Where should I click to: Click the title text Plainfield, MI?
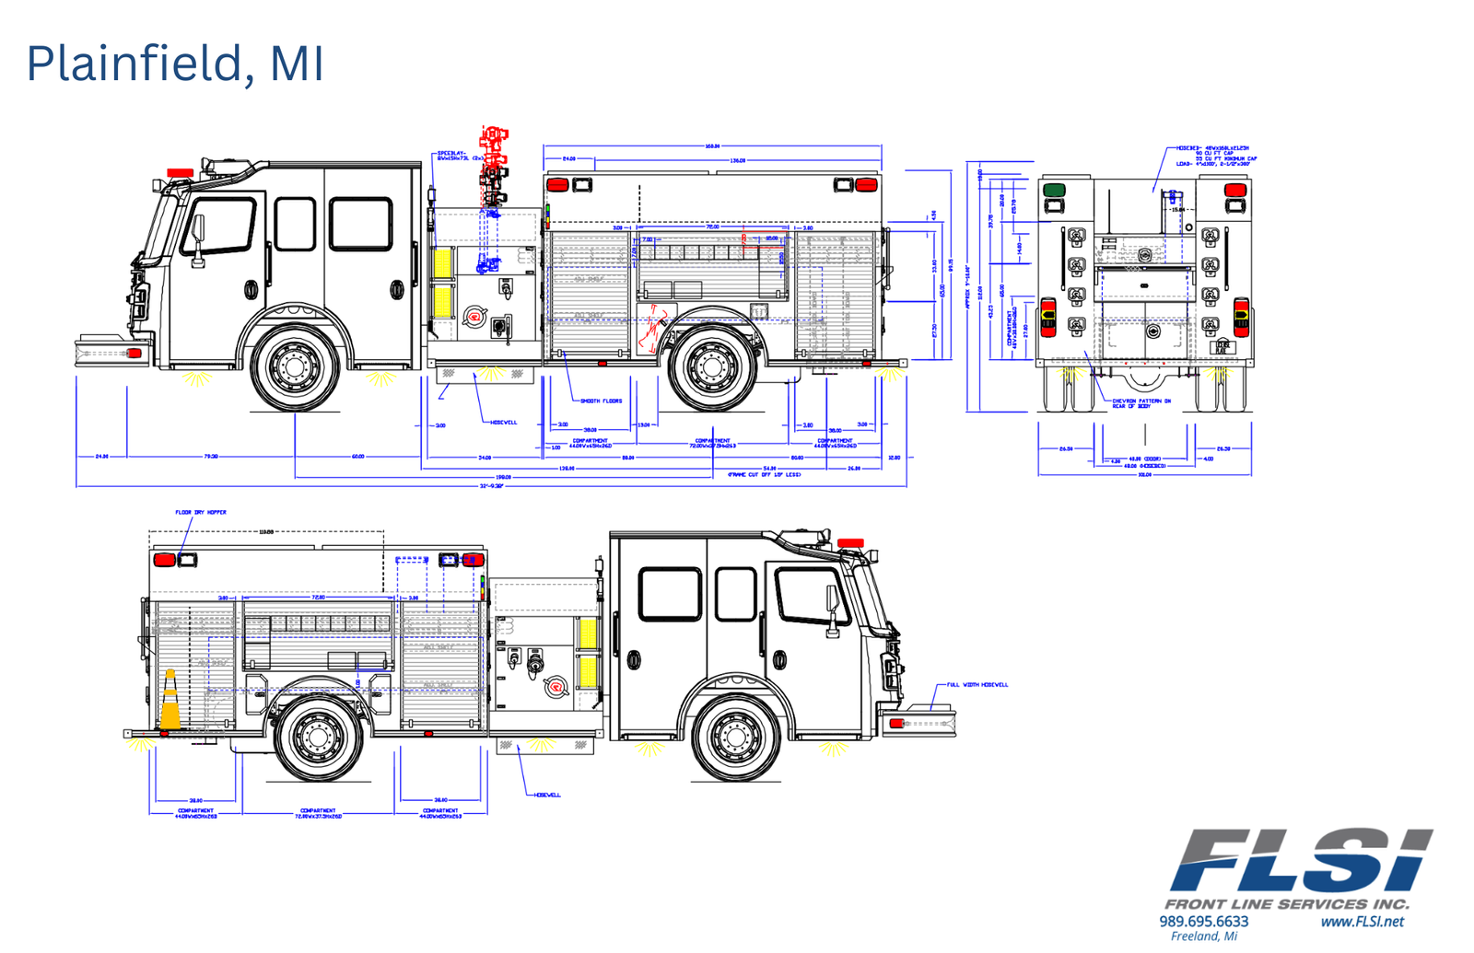(175, 64)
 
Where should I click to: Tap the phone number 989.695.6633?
(1203, 921)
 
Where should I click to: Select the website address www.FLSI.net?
(1362, 921)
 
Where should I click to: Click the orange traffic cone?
(170, 702)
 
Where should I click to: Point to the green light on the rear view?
(1054, 190)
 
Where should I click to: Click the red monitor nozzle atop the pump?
(495, 166)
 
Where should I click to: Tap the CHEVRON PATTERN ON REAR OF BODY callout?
(1141, 403)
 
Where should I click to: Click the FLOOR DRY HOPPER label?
(201, 512)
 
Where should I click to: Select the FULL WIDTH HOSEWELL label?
(977, 685)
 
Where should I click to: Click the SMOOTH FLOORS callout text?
(601, 401)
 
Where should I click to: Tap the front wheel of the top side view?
(295, 366)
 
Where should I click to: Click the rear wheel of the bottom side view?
(319, 737)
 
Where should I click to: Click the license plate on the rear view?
(1222, 346)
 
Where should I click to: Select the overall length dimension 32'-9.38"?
(491, 486)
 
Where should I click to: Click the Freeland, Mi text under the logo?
(1203, 936)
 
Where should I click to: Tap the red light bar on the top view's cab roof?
(181, 172)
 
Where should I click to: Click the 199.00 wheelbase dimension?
(503, 477)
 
